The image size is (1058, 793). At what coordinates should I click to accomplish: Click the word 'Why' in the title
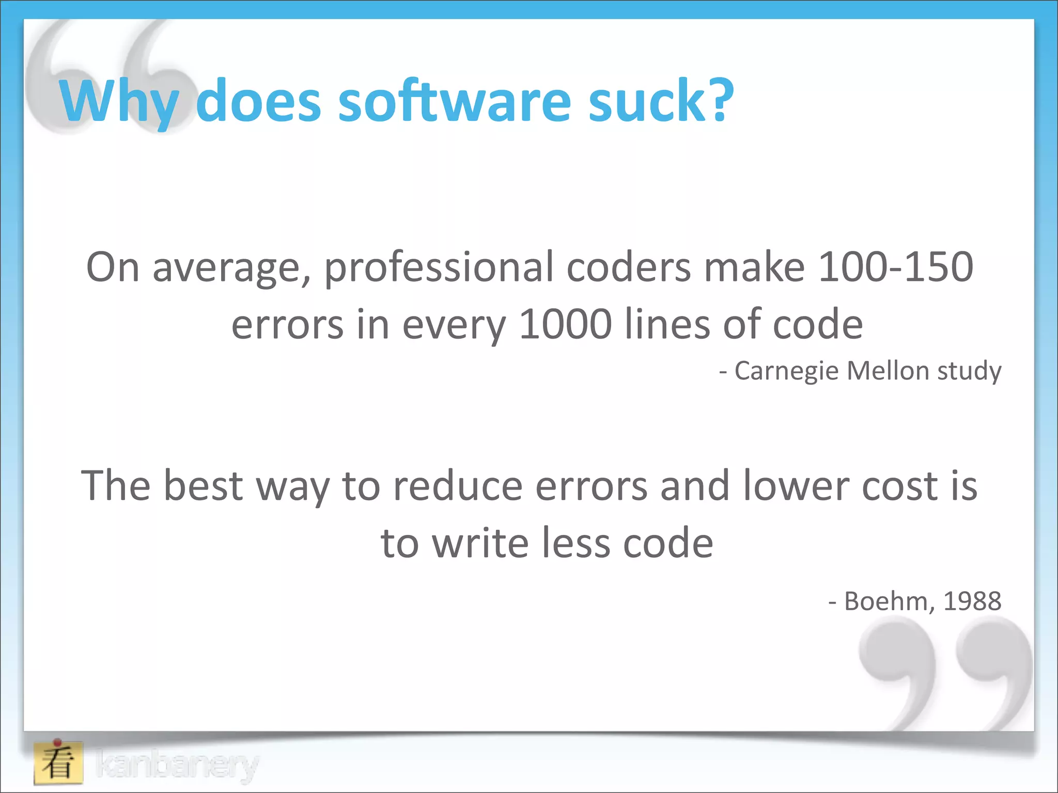(120, 101)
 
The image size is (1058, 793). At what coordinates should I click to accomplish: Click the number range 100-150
(896, 267)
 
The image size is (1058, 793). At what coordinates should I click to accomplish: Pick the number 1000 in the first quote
(566, 324)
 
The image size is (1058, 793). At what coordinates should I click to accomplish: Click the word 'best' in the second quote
(203, 486)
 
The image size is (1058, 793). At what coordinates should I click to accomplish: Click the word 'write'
(480, 543)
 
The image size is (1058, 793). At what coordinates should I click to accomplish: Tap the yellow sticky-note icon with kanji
(58, 763)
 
